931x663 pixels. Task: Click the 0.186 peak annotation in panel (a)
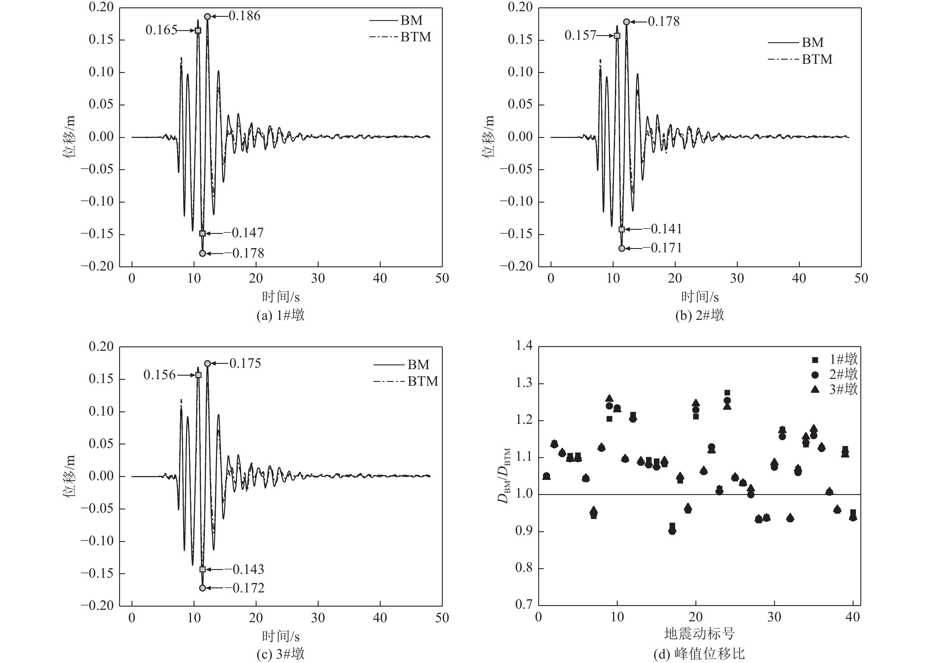(244, 16)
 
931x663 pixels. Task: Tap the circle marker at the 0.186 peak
(207, 16)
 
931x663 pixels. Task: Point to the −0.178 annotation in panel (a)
(248, 253)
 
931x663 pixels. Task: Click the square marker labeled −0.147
(202, 234)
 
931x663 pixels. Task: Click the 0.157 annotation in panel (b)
(580, 35)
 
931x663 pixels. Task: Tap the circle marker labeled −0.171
(622, 248)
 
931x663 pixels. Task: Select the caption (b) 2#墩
(699, 315)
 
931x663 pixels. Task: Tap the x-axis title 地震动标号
(699, 633)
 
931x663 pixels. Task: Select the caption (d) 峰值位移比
(699, 654)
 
